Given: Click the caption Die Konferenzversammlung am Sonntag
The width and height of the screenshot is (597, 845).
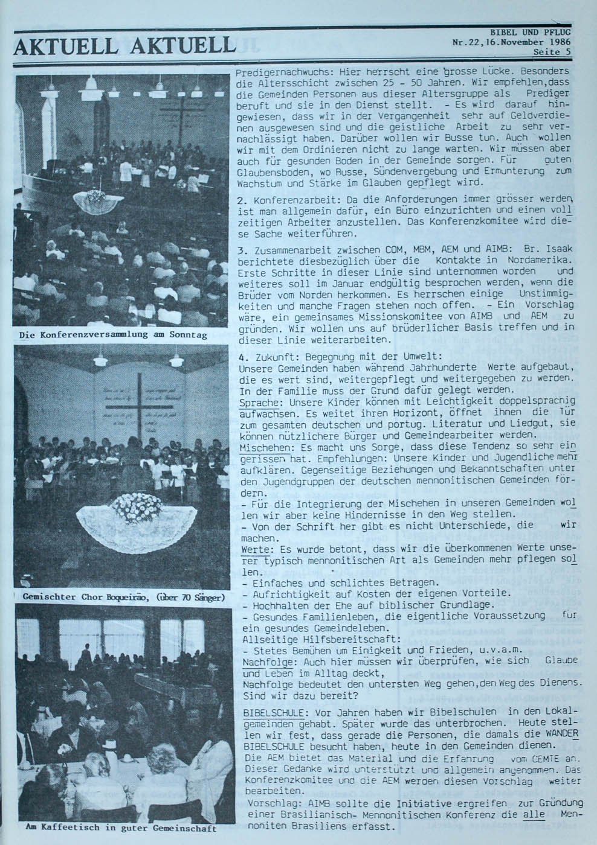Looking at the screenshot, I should [113, 334].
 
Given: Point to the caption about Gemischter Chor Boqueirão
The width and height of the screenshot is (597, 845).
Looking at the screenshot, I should [123, 598].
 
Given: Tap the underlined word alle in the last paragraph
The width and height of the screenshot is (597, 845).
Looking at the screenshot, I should [535, 814].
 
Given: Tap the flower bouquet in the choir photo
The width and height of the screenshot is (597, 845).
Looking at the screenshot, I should [138, 505].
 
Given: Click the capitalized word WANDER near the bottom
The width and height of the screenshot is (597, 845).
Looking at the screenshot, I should [561, 735].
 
